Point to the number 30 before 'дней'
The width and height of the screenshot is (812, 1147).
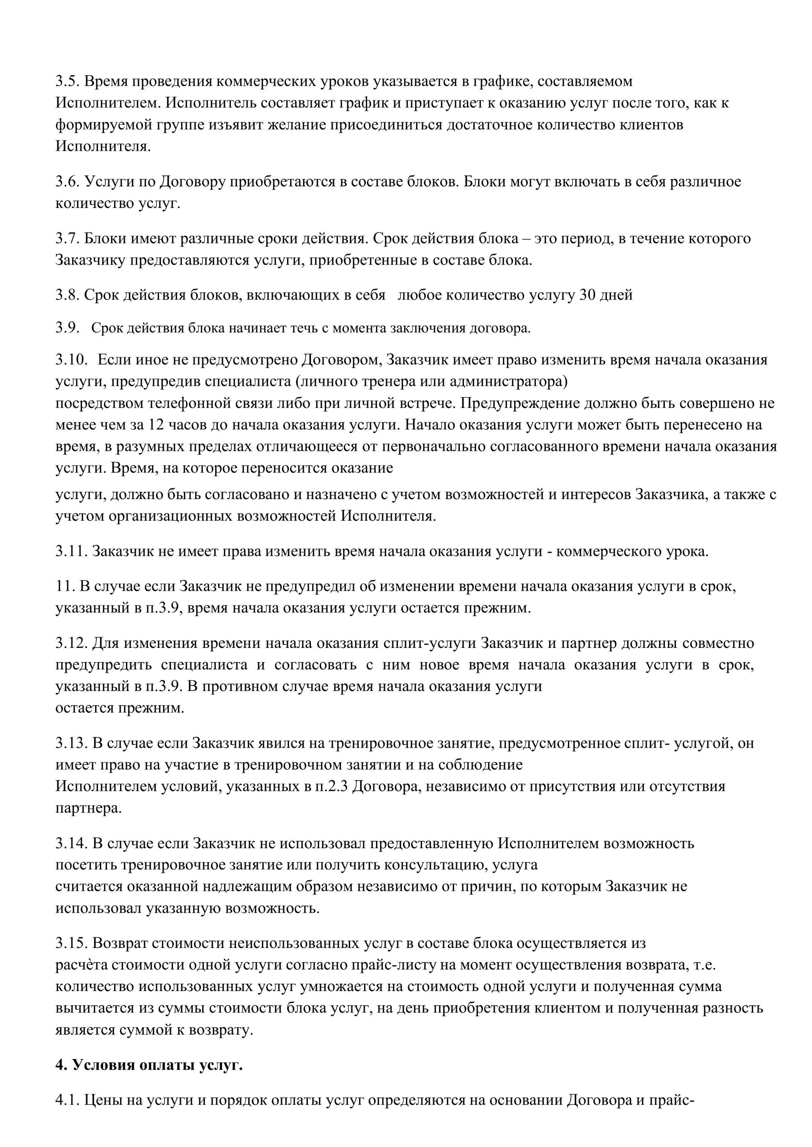587,295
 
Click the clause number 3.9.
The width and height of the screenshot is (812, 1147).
67,328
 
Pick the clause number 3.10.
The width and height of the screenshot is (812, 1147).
71,360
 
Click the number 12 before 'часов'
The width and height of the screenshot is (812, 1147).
154,425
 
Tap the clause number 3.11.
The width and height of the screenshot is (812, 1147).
71,552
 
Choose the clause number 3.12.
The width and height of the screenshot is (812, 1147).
71,643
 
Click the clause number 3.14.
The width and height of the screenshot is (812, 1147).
71,844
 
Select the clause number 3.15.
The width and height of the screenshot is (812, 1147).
71,944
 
